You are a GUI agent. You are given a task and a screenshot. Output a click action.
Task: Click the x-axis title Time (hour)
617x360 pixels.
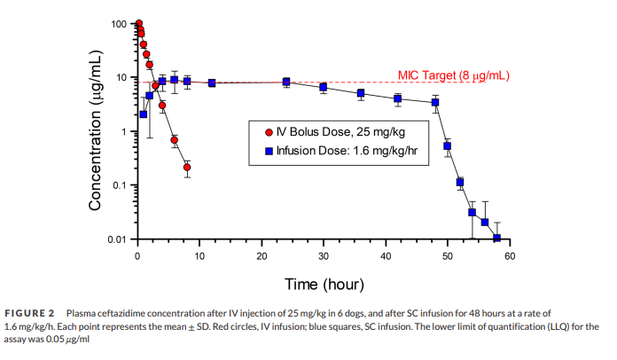click(322, 284)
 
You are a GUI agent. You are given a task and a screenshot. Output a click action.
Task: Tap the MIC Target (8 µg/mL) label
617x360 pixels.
click(453, 75)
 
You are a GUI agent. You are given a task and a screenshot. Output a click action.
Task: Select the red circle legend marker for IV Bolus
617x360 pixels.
click(269, 133)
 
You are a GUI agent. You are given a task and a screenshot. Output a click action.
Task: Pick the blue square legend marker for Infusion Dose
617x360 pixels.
click(269, 150)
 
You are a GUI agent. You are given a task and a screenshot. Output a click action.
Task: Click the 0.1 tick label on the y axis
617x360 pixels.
click(120, 185)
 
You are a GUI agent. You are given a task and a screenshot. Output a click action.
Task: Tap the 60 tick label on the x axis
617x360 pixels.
click(510, 256)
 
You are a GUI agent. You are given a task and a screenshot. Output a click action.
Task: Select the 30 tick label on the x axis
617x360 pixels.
click(324, 256)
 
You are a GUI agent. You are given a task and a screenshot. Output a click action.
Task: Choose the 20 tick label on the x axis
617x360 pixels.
click(262, 256)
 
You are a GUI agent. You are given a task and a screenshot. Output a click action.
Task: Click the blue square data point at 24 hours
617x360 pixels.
click(286, 82)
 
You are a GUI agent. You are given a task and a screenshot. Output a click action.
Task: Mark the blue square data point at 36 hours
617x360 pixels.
click(361, 93)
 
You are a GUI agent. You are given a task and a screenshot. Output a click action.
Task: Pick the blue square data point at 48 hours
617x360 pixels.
click(435, 103)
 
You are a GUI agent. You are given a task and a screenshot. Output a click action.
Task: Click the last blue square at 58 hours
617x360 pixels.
click(497, 238)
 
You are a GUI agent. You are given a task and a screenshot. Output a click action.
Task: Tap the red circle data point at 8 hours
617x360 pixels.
click(187, 167)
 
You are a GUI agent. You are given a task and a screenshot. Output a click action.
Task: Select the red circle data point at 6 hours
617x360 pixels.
click(175, 140)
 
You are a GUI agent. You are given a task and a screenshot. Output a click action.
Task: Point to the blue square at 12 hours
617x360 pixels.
click(212, 83)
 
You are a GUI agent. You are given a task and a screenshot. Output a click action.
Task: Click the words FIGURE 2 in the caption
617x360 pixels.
click(30, 313)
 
